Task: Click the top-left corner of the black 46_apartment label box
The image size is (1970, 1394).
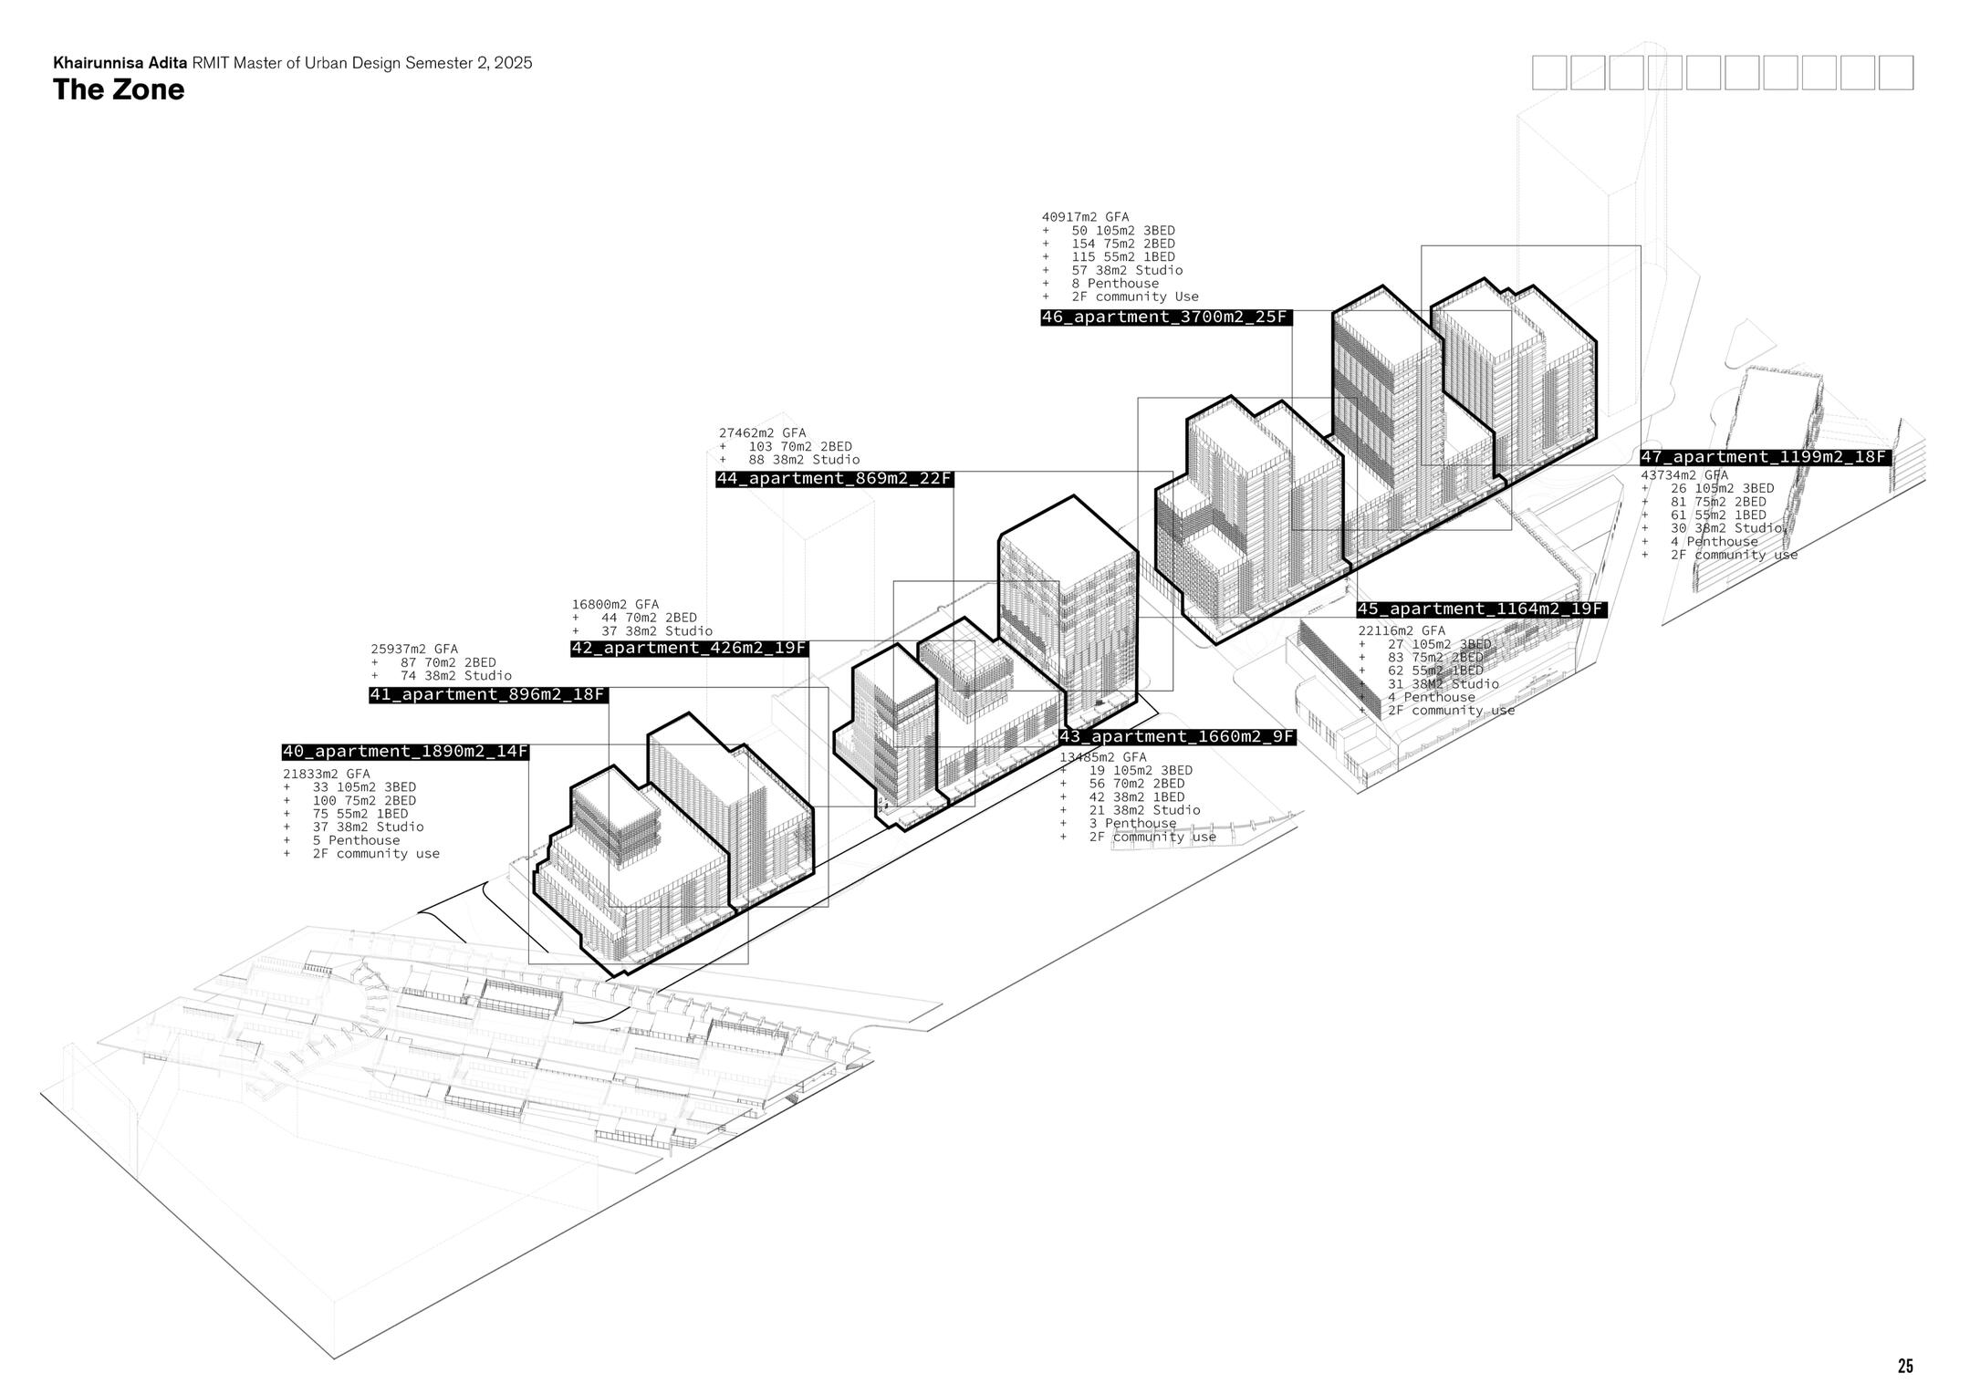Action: click(1041, 309)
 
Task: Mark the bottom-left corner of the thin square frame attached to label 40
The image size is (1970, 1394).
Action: click(529, 963)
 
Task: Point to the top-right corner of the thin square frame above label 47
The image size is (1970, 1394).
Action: click(1640, 246)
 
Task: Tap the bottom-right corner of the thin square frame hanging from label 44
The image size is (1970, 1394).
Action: click(1173, 691)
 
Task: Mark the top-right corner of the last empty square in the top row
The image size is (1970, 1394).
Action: click(1913, 56)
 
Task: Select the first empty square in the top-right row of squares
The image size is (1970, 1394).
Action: click(1548, 73)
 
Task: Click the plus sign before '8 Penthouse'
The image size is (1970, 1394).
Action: click(1047, 284)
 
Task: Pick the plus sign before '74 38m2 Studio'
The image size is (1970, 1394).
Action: click(375, 676)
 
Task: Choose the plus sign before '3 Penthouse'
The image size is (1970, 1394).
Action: click(1064, 824)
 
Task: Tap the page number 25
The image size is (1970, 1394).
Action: click(1905, 1366)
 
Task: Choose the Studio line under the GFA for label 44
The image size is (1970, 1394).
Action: click(789, 460)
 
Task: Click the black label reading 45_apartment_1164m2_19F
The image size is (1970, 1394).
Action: click(1481, 609)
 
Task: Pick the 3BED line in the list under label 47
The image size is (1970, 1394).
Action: click(1708, 489)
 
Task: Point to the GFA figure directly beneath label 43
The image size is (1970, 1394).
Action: click(1103, 757)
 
